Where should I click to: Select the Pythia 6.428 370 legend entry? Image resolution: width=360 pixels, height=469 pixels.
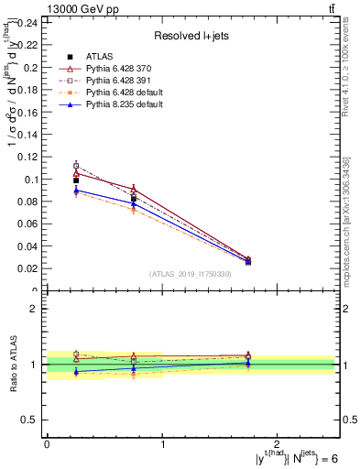coord(110,70)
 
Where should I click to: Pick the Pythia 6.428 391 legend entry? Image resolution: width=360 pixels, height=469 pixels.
coord(110,81)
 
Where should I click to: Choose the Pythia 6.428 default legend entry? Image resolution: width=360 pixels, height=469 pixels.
coord(113,93)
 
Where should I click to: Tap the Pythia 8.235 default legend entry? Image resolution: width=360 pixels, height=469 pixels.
coord(113,104)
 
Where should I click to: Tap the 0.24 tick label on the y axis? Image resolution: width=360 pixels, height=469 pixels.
coord(27,22)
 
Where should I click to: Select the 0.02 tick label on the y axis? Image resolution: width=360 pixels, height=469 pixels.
coord(27,268)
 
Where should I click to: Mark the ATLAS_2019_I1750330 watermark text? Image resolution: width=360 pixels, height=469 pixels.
coord(191,274)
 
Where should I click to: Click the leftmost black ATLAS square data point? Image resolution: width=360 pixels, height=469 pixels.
coord(76,180)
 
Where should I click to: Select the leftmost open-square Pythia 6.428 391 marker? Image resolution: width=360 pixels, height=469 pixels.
coord(76,166)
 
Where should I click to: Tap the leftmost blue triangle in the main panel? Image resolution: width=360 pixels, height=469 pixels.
coord(76,191)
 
